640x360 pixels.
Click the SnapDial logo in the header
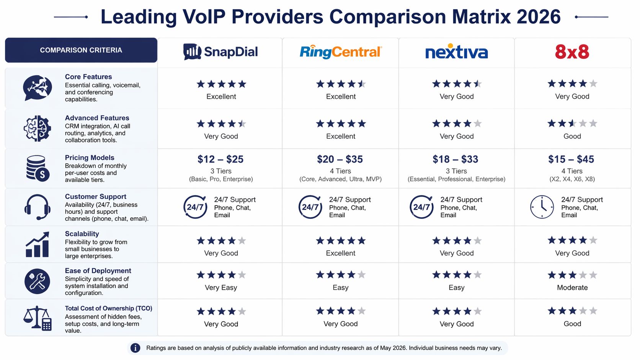coord(220,52)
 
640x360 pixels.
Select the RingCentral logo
coord(340,52)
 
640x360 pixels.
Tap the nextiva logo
coord(456,52)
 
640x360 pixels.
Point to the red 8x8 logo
coord(572,52)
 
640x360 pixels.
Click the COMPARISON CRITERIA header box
coord(81,50)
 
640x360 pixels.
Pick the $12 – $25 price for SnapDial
coord(220,159)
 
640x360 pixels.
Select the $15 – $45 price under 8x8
coord(571,159)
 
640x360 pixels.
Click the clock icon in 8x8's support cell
coord(542,207)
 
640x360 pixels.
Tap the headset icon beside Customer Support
coord(37,207)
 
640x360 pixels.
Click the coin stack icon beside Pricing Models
coord(37,168)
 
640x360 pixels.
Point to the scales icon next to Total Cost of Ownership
coord(37,318)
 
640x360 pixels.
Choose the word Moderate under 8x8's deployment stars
coord(572,287)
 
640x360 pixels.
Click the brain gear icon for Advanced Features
coord(37,129)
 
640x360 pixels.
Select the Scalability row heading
coord(82,234)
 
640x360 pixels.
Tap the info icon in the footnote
coord(135,348)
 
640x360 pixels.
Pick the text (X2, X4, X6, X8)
coord(572,179)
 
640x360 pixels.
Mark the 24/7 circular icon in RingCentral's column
coord(310,207)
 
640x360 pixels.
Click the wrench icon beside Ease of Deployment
coord(37,281)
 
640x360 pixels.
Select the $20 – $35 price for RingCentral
coord(340,159)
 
